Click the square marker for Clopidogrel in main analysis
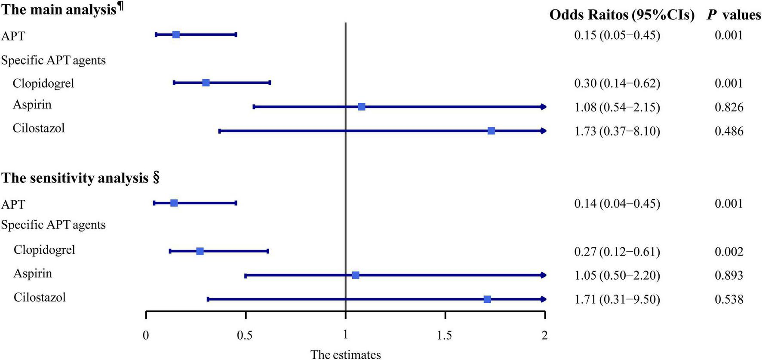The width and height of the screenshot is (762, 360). pos(206,83)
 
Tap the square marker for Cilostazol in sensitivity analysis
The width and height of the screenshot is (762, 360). pos(487,299)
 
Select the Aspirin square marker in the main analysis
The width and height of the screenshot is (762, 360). pos(362,107)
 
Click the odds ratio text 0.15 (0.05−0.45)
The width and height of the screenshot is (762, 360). pos(617,35)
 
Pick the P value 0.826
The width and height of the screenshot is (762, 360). pos(729,107)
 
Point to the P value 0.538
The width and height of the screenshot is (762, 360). pos(729,299)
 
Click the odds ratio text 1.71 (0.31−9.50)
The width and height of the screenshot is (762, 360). pos(617,299)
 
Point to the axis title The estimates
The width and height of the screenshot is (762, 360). pos(346,354)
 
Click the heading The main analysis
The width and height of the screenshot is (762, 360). pos(59,10)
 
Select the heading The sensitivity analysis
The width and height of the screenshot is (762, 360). pos(75,178)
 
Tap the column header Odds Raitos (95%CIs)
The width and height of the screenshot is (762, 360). pos(622,15)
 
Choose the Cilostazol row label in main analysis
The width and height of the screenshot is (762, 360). pos(39,128)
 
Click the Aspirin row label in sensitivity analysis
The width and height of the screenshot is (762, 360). pos(33,274)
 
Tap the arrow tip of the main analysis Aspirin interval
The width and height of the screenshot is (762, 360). pos(544,107)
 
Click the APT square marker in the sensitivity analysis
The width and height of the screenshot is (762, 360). pos(174,203)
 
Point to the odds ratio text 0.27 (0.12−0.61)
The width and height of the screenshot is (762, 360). pos(617,251)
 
